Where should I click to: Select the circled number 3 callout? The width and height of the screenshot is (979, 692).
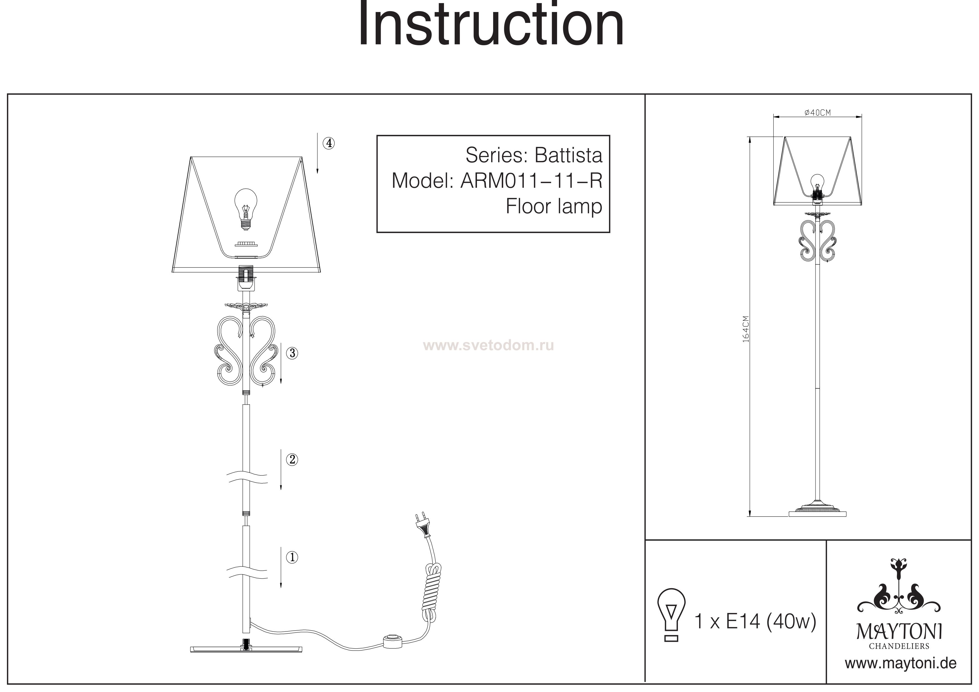tap(292, 353)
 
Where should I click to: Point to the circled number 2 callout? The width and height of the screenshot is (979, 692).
tap(292, 460)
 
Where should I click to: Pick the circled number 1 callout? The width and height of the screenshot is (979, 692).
tap(292, 557)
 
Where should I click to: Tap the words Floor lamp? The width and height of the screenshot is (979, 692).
tap(553, 207)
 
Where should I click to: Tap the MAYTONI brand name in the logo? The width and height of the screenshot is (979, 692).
tap(899, 632)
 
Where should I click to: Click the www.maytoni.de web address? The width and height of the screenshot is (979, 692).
tap(901, 664)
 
